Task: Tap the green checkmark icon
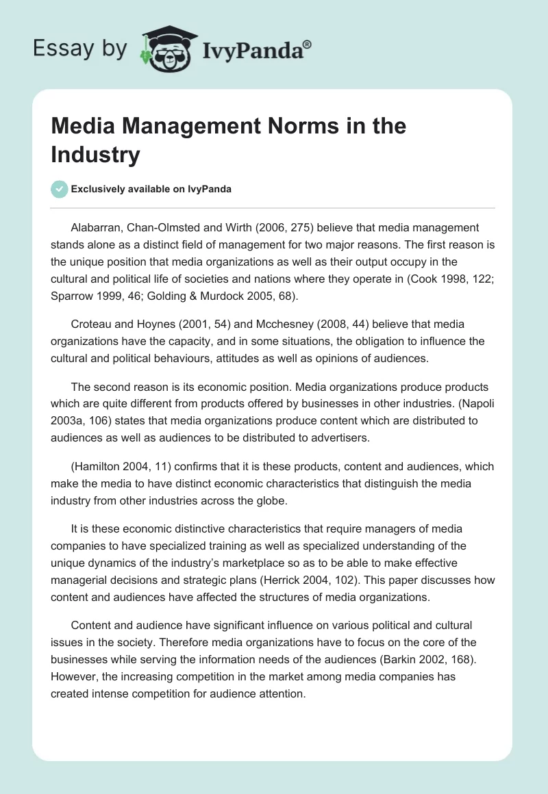(x=60, y=189)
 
